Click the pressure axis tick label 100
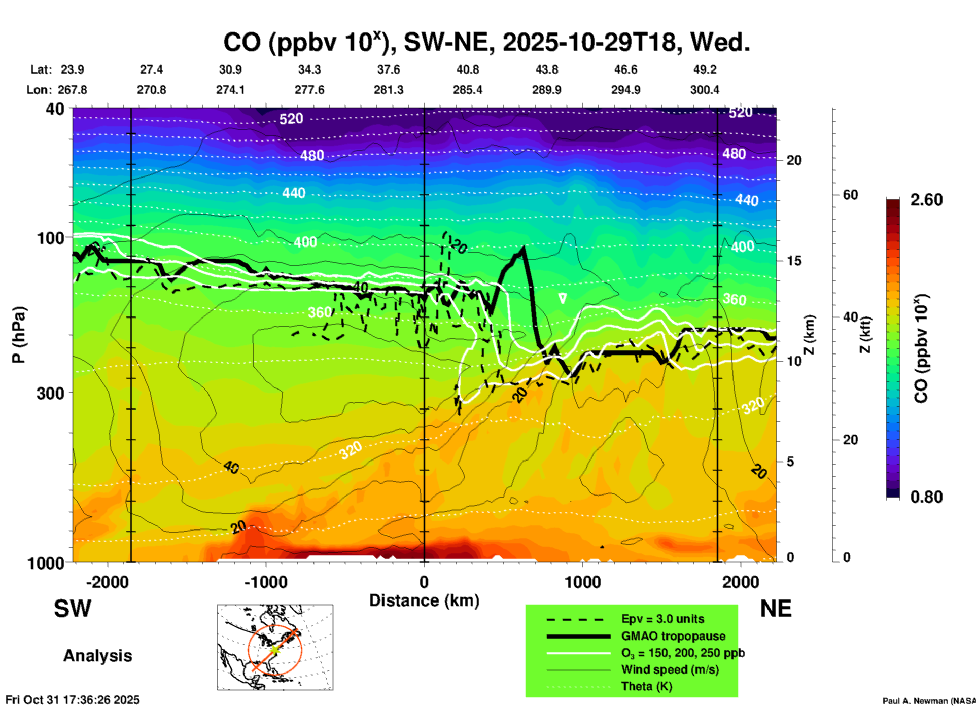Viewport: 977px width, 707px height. [x=51, y=238]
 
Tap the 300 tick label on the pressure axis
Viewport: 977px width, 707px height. [x=51, y=393]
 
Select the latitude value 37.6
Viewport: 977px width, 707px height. [x=389, y=69]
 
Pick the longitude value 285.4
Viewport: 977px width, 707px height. [x=468, y=90]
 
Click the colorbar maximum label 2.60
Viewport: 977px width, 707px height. [x=926, y=200]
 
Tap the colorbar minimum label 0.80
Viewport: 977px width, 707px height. [x=926, y=497]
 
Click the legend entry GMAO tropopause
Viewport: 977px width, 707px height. [x=673, y=636]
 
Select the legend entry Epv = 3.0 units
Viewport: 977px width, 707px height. [x=662, y=619]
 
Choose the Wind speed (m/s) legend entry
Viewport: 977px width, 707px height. [x=670, y=669]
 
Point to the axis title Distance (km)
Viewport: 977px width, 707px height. [x=424, y=600]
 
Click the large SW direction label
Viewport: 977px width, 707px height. [x=73, y=609]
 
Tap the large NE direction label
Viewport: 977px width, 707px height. [x=776, y=609]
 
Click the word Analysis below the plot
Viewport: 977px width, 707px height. [x=97, y=656]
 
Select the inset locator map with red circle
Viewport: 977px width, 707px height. [x=275, y=647]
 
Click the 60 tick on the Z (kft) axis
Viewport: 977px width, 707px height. [x=850, y=195]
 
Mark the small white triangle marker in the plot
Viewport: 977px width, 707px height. [x=562, y=298]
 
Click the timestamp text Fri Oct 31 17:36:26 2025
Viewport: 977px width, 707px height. [x=73, y=700]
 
